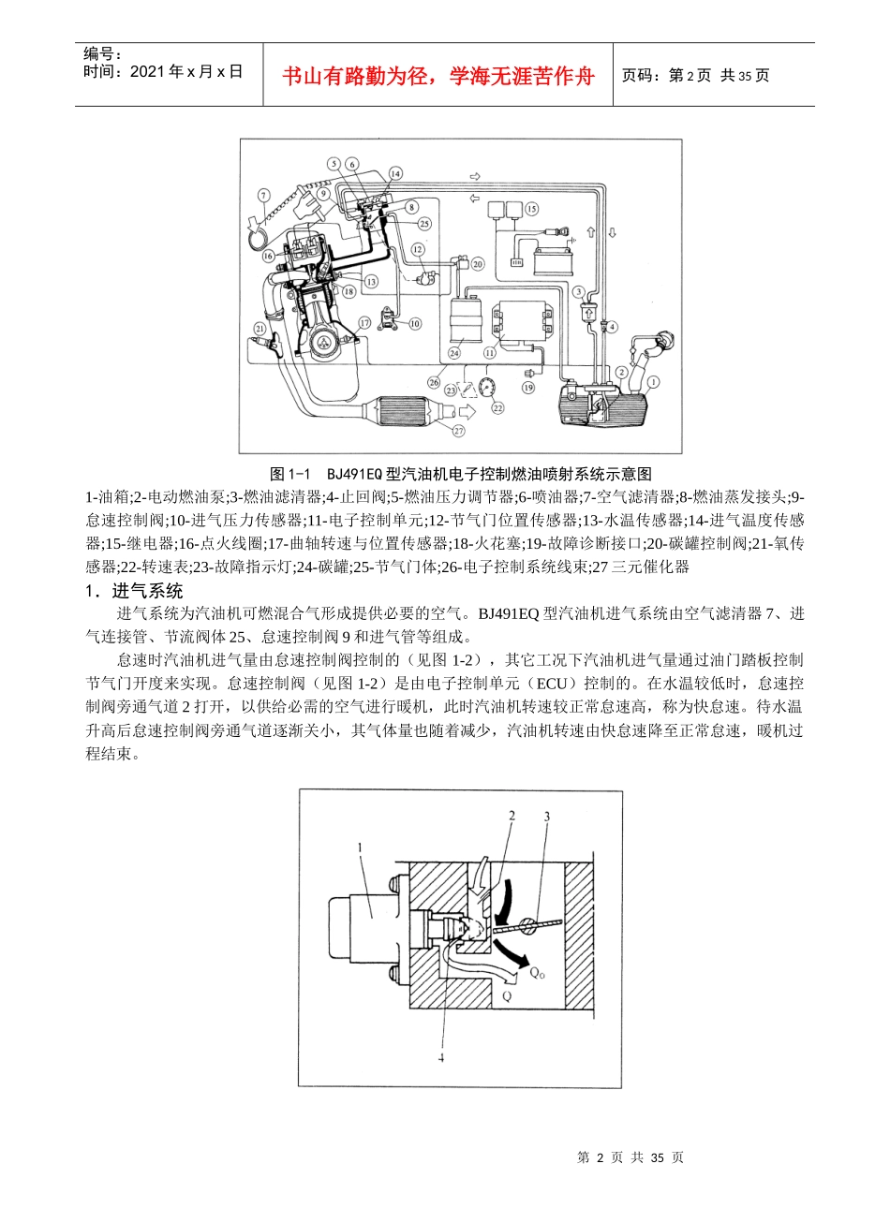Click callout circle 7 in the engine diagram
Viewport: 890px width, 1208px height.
[263, 195]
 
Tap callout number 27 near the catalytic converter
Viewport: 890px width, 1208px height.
[459, 431]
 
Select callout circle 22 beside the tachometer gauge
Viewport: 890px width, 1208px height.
[497, 407]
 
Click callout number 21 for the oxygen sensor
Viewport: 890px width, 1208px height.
[260, 327]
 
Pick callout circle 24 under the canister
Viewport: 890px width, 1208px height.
[453, 353]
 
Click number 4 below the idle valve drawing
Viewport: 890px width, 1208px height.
[439, 1056]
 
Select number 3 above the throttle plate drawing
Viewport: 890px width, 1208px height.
[547, 816]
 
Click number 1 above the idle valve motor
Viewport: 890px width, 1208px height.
[360, 846]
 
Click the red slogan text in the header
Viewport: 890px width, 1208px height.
[438, 76]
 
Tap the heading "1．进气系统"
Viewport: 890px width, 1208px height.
[134, 591]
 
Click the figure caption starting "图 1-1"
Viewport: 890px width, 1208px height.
[460, 473]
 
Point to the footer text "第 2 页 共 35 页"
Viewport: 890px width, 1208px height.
[630, 1157]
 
